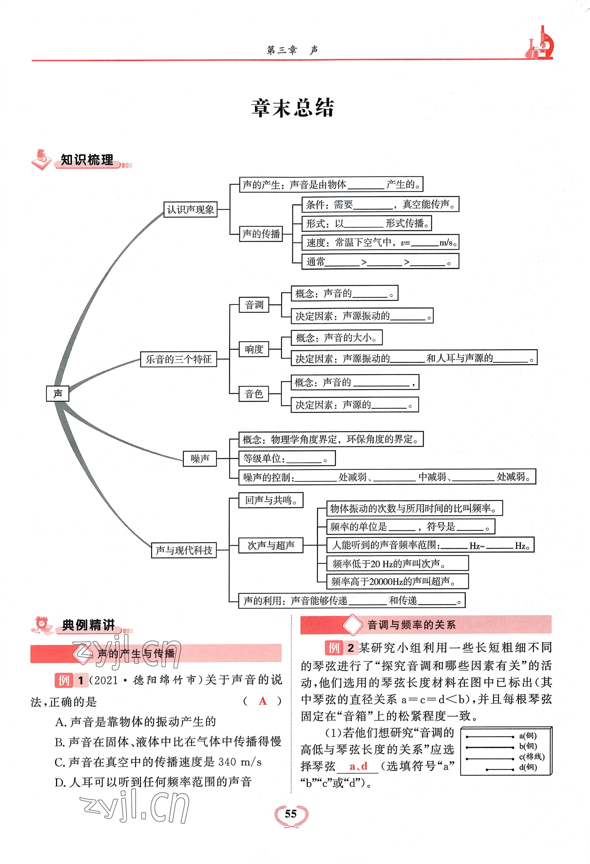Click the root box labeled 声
click(x=58, y=393)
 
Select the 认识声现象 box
click(x=190, y=209)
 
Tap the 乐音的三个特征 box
click(x=178, y=359)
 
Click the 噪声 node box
click(x=200, y=458)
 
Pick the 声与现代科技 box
click(x=184, y=550)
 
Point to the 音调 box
click(x=254, y=305)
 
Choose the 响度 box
click(x=254, y=349)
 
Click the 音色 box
click(x=254, y=394)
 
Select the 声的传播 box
click(x=261, y=234)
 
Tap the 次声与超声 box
click(x=271, y=545)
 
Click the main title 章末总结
click(x=293, y=108)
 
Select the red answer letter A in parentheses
click(x=263, y=701)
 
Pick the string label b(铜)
click(x=528, y=746)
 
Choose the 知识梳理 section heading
click(x=87, y=160)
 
